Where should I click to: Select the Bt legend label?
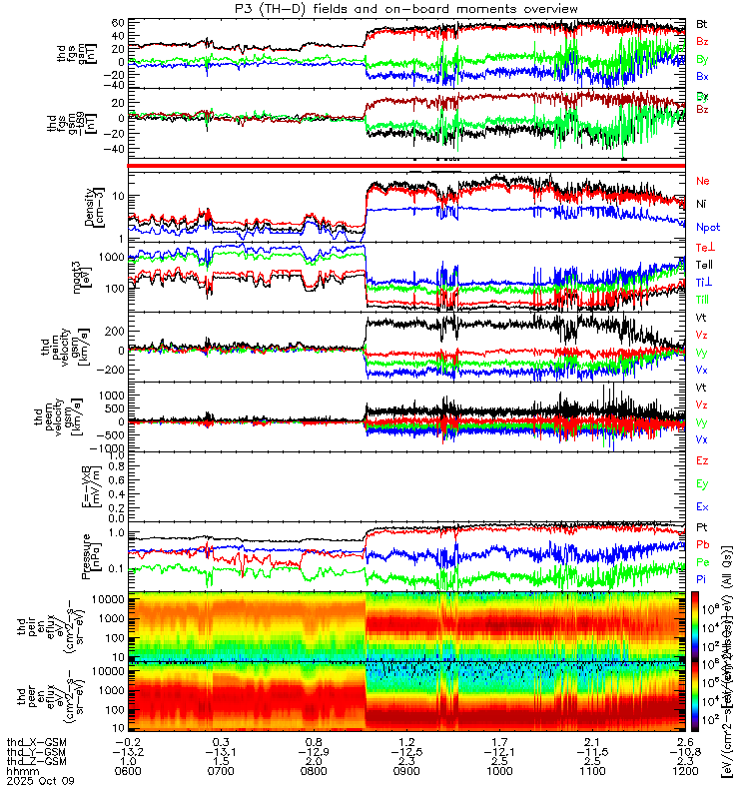coord(702,23)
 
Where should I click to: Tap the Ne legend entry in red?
coord(703,181)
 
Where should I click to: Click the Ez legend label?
coord(703,460)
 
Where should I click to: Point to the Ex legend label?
coord(703,507)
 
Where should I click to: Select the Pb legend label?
coord(703,544)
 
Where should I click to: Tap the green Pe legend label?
coord(703,563)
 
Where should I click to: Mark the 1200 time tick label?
coord(685,771)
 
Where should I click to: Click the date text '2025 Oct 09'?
coord(39,781)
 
